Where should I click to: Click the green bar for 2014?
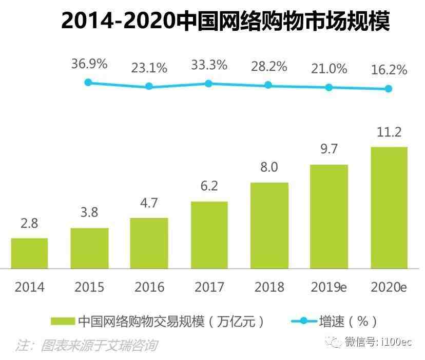(29, 253)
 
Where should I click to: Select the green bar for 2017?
(209, 235)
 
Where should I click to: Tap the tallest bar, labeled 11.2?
(389, 208)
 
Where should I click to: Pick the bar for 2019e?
(329, 216)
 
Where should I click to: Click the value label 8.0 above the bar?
(269, 168)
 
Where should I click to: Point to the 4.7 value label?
(149, 204)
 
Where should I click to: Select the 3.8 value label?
(89, 212)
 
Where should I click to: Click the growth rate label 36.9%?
(90, 64)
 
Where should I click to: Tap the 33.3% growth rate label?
(209, 65)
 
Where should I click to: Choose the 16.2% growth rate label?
(389, 70)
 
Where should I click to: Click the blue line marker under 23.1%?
(149, 86)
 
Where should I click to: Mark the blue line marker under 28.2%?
(268, 85)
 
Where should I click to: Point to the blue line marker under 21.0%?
(329, 87)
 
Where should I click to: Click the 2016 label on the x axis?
(149, 287)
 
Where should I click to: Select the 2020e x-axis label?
(389, 287)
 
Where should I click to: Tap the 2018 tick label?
(269, 287)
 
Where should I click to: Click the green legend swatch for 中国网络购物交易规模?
(63, 322)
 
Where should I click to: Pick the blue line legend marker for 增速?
(303, 322)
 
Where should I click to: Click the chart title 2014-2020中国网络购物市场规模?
(225, 21)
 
